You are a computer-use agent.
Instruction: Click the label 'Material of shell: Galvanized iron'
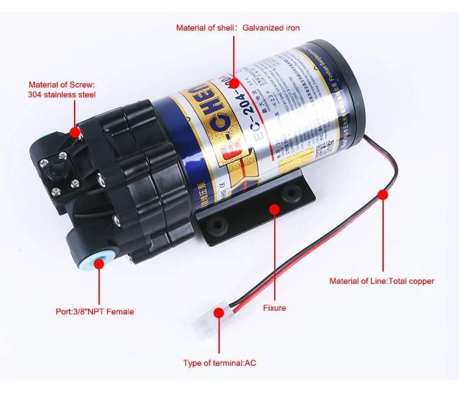(x=237, y=28)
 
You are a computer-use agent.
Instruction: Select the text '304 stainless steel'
(x=62, y=95)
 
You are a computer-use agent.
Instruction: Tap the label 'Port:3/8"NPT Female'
(x=94, y=311)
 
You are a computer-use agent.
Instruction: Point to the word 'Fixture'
(x=274, y=308)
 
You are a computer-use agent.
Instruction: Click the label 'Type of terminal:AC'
(x=220, y=363)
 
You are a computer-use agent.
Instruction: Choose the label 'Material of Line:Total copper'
(x=381, y=281)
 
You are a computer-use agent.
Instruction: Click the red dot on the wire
(x=382, y=195)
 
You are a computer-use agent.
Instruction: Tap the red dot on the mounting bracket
(x=274, y=210)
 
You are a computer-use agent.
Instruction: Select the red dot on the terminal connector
(x=218, y=313)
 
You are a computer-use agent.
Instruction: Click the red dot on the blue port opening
(x=95, y=267)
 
